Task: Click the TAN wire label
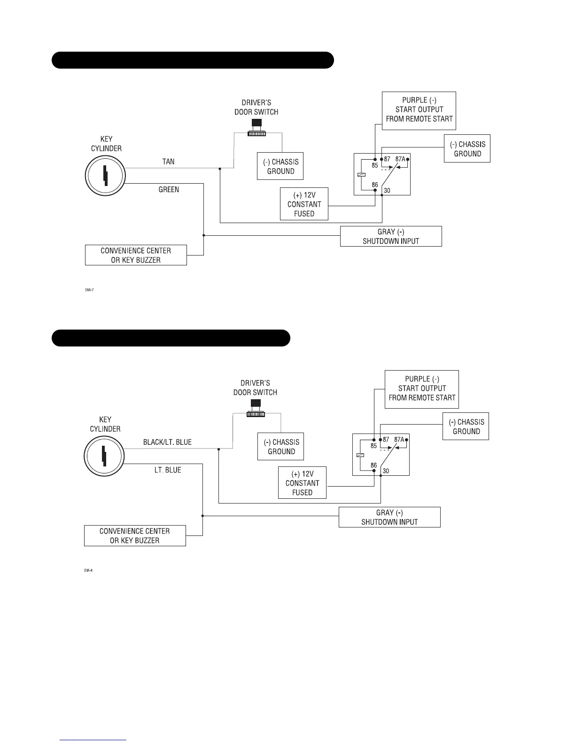168,162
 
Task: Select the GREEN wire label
169,190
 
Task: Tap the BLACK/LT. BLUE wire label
167,442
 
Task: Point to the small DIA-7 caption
89,290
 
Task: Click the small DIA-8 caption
88,570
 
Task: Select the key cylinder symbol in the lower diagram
104,456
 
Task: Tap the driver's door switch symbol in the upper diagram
256,128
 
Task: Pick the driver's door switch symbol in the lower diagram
256,408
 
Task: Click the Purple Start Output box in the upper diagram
419,110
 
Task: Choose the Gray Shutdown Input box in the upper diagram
391,236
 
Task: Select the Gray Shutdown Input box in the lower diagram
389,517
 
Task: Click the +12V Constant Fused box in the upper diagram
304,204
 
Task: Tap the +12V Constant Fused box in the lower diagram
302,483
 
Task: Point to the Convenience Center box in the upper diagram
136,255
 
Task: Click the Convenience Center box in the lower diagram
135,535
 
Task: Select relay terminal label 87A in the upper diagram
400,159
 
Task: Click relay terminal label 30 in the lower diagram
386,471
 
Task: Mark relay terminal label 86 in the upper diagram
375,185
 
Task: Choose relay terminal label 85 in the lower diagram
373,446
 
